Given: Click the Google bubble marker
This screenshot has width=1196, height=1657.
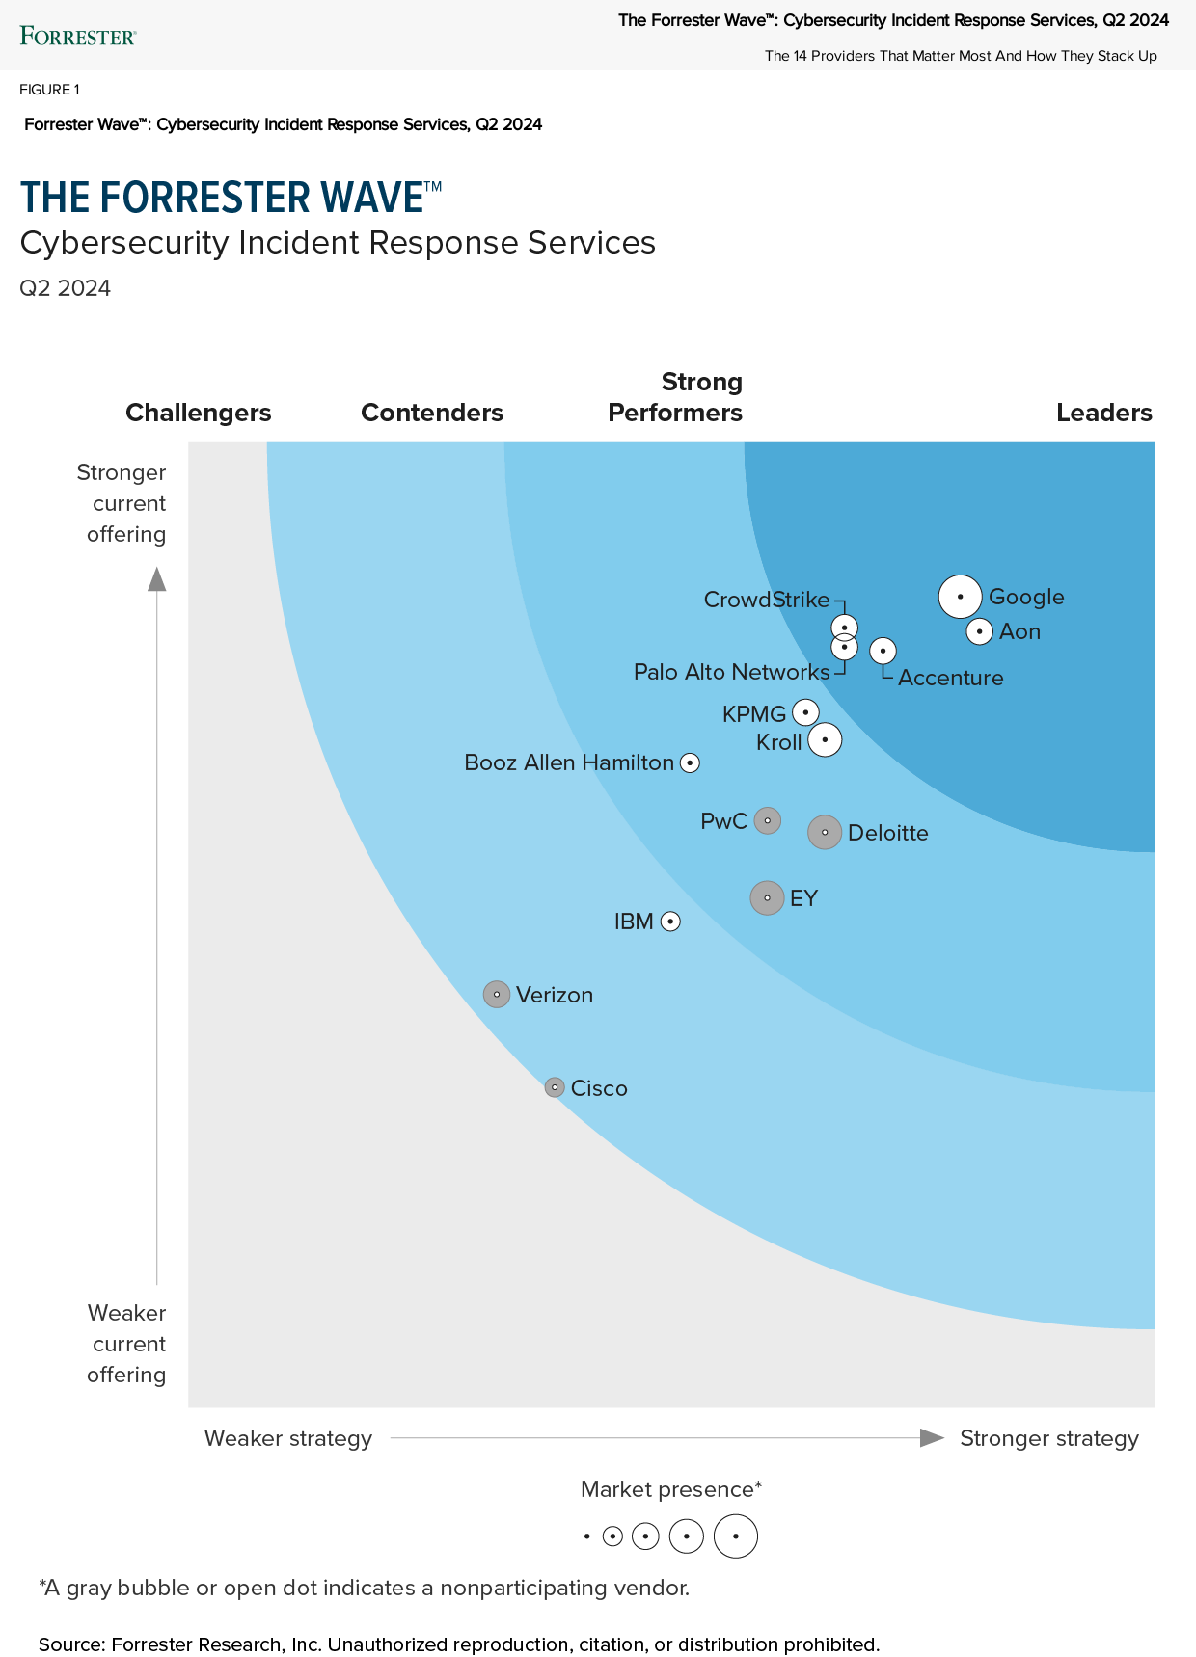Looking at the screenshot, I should click(960, 597).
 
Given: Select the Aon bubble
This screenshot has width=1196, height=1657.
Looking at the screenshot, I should click(979, 631).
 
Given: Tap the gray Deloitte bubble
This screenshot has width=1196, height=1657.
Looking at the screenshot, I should click(824, 832).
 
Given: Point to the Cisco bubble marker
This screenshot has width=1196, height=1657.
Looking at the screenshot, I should click(554, 1087).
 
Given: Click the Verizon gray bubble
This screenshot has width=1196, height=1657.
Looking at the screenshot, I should click(496, 994).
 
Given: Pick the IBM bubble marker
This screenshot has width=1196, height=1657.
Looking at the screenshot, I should click(670, 922).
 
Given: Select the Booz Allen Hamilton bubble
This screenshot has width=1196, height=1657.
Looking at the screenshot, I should click(690, 762).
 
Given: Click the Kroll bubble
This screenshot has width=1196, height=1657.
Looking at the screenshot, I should click(825, 740).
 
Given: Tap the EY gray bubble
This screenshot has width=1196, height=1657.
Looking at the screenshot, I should click(767, 897).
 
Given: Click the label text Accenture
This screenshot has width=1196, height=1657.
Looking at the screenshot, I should click(950, 678).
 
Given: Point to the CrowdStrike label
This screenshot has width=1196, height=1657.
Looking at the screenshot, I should click(766, 600).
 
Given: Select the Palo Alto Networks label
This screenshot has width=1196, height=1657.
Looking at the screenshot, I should click(731, 672).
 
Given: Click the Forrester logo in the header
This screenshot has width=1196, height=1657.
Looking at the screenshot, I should click(78, 37).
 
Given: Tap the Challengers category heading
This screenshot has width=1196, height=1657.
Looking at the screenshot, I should click(199, 413).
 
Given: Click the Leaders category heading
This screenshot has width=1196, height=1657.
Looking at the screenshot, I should click(1103, 413).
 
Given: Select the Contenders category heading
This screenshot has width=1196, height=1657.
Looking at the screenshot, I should click(432, 413).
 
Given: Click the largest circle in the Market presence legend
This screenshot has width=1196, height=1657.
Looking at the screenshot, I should click(735, 1537).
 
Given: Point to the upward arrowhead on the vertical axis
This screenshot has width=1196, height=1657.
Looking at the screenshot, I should click(156, 578).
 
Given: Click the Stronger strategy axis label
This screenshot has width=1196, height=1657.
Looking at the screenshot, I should click(1048, 1438).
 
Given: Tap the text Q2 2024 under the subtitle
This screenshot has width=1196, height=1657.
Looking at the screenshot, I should click(66, 288).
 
